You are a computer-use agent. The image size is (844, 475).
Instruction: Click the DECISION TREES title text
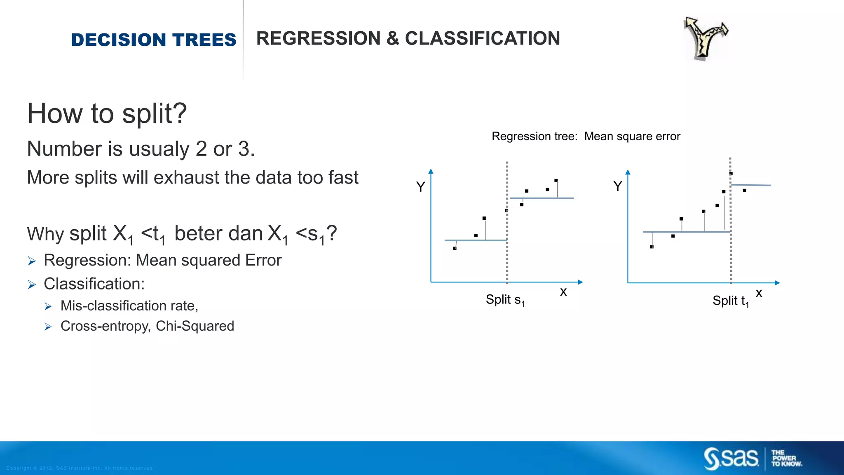tap(153, 40)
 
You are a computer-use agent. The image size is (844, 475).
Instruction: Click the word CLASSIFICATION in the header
tap(482, 38)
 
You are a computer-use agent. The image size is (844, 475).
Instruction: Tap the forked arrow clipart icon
tap(705, 38)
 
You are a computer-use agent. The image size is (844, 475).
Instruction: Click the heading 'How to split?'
tap(107, 113)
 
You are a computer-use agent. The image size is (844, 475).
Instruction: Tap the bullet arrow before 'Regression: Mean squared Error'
tap(32, 261)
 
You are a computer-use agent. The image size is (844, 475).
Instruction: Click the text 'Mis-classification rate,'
tap(129, 306)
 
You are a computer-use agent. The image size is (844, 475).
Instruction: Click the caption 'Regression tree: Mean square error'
tap(586, 136)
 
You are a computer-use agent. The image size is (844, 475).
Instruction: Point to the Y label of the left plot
tap(420, 187)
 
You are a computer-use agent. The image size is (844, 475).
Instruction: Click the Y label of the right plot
tap(617, 186)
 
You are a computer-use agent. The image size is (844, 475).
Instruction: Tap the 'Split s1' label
tap(505, 300)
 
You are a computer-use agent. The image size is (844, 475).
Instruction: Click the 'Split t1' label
tap(730, 301)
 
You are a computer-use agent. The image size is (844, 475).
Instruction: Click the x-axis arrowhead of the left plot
tap(580, 282)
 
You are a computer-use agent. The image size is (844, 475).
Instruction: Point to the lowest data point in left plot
tap(455, 248)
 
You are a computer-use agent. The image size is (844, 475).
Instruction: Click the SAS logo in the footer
tap(731, 459)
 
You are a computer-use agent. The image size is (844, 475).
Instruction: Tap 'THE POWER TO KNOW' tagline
tap(786, 459)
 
